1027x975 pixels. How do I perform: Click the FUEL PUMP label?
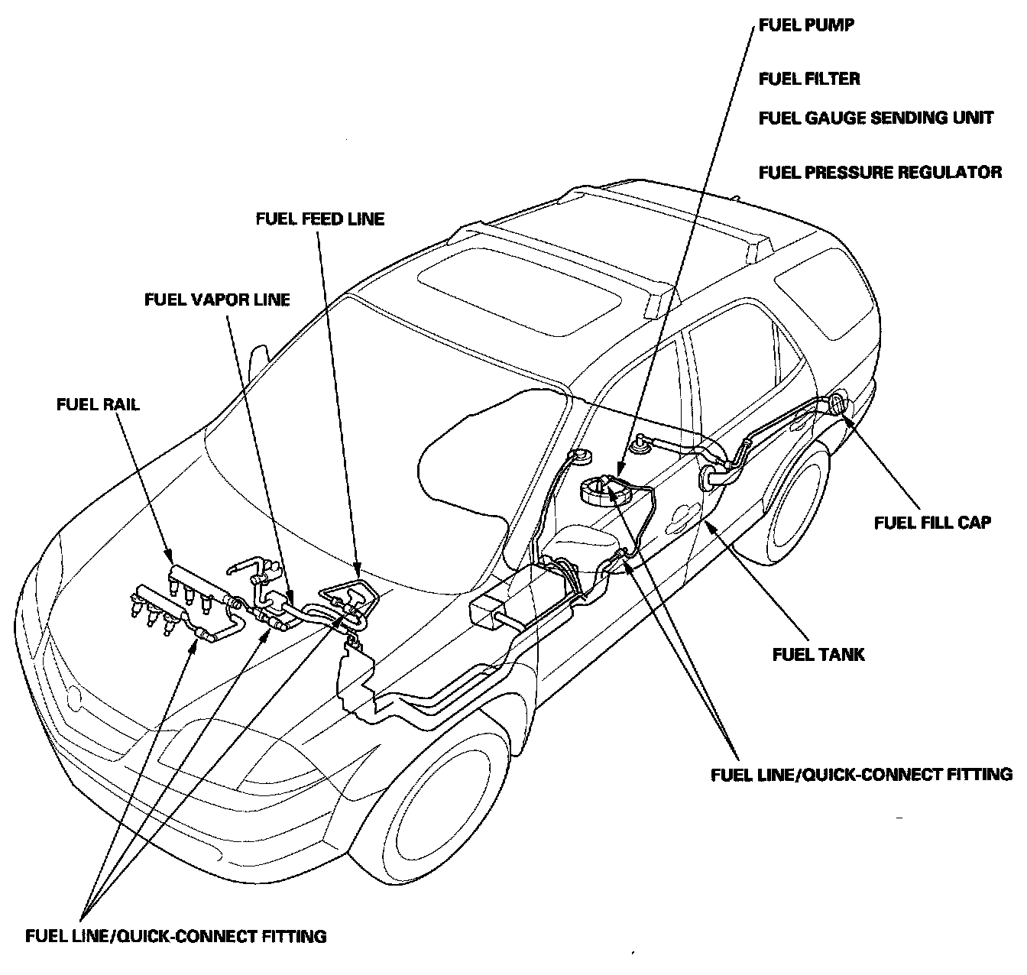806,25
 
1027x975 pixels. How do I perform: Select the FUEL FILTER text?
809,79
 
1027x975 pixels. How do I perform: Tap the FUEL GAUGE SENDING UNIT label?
876,118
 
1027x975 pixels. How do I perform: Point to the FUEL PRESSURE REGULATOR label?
880,172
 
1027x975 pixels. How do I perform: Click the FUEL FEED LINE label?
320,219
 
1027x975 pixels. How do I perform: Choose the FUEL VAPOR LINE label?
218,300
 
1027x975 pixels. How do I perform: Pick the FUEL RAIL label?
98,404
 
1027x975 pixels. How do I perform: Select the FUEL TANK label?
818,654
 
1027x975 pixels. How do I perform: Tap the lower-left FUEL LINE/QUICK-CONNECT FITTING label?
176,935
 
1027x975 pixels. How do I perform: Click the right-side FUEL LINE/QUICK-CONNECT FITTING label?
861,774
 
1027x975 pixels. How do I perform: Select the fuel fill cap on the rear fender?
841,403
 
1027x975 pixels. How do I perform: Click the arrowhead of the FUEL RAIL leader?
169,556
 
